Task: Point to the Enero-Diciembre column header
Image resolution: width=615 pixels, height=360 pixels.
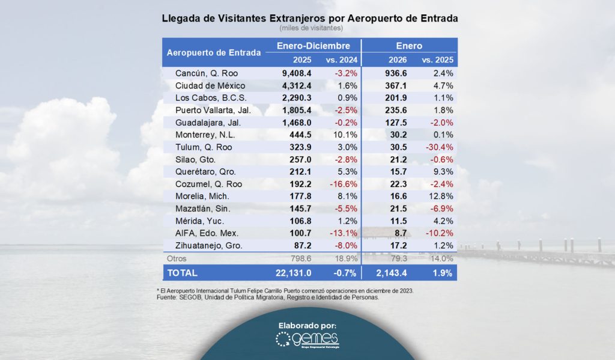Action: pos(313,46)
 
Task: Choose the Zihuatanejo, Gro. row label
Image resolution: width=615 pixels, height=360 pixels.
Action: pos(207,246)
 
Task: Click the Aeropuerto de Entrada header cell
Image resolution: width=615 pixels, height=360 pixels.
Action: pos(213,52)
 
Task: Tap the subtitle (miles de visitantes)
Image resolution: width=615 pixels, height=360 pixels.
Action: pos(311,28)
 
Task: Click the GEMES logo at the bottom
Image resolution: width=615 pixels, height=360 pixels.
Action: pos(307,341)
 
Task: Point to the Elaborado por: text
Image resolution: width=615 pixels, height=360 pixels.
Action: pos(307,325)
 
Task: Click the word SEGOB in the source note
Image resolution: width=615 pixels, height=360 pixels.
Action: pos(199,297)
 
